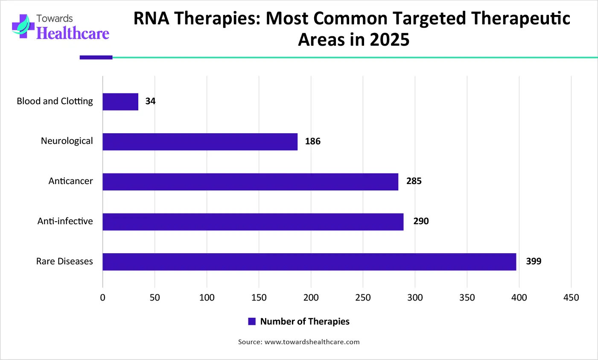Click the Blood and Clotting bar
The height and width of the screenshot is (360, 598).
(120, 102)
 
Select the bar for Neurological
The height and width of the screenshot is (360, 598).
(200, 142)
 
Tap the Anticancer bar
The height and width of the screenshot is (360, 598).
(250, 182)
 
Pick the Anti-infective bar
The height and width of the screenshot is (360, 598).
(253, 222)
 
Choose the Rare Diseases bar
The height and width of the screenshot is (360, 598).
(309, 262)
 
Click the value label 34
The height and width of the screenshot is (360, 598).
(150, 101)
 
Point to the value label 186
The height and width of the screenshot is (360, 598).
(312, 141)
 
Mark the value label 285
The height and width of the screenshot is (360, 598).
(414, 181)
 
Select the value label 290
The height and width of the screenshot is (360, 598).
(421, 221)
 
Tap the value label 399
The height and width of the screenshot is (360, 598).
(534, 261)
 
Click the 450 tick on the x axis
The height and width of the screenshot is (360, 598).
(571, 298)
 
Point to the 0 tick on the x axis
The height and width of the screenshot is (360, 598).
(102, 298)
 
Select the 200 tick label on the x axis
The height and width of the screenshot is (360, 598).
(311, 298)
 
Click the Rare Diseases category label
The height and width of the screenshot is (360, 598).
(64, 261)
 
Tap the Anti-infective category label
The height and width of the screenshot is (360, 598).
(65, 221)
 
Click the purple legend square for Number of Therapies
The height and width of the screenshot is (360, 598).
(252, 322)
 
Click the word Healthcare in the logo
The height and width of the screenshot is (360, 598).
(73, 33)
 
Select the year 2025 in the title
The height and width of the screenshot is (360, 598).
(390, 40)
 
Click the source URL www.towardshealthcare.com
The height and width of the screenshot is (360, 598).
(312, 342)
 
